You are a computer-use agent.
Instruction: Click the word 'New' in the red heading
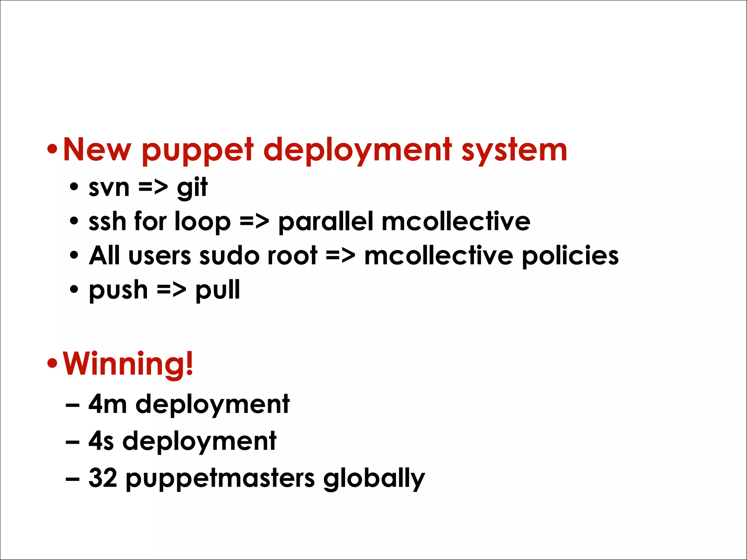[97, 149]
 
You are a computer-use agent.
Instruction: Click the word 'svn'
[109, 188]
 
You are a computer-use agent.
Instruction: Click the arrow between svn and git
[153, 188]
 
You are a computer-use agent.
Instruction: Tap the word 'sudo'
[229, 256]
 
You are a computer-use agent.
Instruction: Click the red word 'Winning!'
[128, 363]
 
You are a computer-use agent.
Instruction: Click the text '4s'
[101, 441]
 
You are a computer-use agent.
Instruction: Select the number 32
[102, 478]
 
